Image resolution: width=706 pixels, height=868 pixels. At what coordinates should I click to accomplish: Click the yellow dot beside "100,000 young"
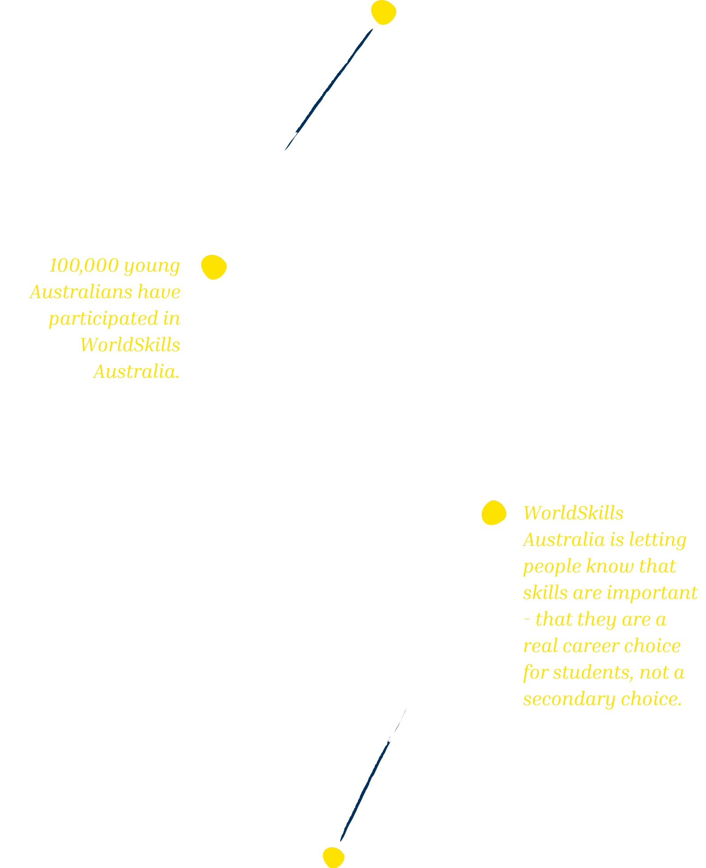point(214,267)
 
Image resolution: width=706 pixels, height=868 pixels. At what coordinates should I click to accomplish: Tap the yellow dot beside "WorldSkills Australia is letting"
point(494,513)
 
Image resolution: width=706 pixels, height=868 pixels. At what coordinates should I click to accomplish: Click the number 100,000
point(84,265)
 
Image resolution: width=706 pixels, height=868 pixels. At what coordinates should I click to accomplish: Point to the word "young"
point(152,266)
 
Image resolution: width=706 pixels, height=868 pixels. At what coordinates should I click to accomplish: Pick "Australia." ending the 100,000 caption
point(137,372)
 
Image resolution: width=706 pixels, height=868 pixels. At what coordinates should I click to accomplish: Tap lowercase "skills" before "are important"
point(545,593)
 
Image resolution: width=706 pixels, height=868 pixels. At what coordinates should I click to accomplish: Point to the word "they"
point(596,619)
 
